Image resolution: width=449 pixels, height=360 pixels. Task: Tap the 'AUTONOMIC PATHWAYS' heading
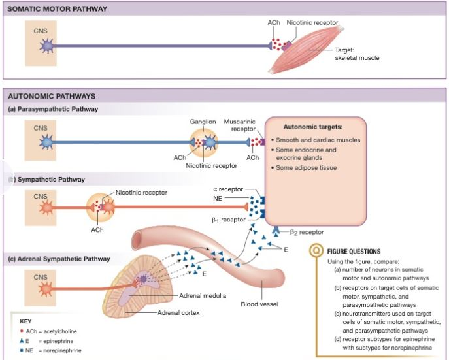click(52, 95)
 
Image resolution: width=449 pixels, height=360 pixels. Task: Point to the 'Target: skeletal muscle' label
click(356, 54)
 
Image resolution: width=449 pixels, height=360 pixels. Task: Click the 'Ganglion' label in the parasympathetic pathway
click(203, 122)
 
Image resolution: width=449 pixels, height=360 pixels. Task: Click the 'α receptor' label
click(228, 189)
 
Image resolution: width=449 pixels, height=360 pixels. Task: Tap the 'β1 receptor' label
click(228, 220)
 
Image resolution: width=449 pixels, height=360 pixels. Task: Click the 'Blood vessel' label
click(260, 304)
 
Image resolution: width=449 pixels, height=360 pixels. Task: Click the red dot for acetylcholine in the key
click(22, 331)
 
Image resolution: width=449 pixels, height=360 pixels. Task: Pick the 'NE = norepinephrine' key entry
click(51, 350)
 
